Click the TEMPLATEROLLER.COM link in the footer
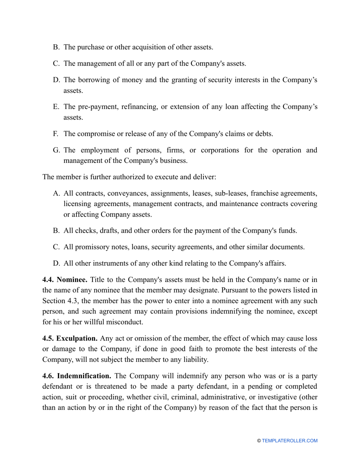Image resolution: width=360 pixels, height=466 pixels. (290, 441)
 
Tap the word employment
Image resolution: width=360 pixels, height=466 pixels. (102, 150)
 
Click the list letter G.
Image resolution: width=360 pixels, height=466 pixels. (56, 150)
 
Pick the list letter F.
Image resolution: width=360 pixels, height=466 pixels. (56, 134)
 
